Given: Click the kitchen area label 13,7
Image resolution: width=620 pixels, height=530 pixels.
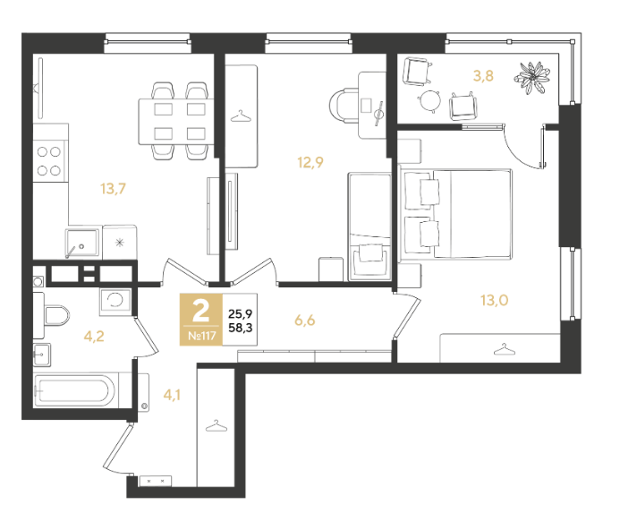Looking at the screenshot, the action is click(x=113, y=189).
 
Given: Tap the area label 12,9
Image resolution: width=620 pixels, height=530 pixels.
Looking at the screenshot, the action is click(x=310, y=162).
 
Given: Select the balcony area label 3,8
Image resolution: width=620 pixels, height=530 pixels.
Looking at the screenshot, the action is click(x=483, y=75).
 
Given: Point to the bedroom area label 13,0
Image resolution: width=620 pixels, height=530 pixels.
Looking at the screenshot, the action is click(x=494, y=301).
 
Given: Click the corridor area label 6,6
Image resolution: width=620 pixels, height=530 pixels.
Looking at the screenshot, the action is click(x=304, y=321).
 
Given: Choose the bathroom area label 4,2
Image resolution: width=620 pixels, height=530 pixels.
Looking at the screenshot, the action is click(x=94, y=337).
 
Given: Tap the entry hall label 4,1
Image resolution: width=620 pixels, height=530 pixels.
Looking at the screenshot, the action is click(x=172, y=395).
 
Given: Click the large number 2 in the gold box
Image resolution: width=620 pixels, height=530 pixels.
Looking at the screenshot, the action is click(x=201, y=311).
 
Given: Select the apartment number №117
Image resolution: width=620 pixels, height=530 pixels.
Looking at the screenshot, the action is click(x=201, y=336).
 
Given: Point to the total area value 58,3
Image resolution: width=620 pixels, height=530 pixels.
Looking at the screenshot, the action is click(x=241, y=328).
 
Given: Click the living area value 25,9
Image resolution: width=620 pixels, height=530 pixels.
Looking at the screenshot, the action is click(x=241, y=314).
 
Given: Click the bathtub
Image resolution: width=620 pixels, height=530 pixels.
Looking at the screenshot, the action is click(x=75, y=390).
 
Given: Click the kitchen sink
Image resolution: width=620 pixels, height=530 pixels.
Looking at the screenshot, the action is click(x=81, y=243).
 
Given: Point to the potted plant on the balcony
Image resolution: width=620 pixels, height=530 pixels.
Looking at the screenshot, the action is click(x=532, y=78).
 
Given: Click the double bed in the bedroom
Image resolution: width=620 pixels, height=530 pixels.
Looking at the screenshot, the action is click(x=456, y=214).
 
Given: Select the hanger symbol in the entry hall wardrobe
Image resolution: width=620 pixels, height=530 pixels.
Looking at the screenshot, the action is click(x=217, y=426).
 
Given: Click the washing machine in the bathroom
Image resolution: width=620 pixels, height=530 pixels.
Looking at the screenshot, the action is click(x=115, y=302).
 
